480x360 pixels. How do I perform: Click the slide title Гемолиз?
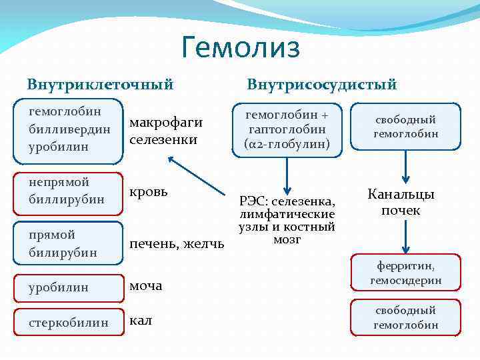tap(241, 48)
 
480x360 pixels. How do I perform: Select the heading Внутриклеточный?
tap(100, 85)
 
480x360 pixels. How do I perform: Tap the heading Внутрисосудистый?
tap(321, 85)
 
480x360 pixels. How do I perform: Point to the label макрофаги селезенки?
tap(165, 131)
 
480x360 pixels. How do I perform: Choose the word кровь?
tap(149, 191)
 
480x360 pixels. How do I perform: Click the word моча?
tap(146, 286)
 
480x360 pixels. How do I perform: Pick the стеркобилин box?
tap(69, 323)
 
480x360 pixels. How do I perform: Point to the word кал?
tap(141, 321)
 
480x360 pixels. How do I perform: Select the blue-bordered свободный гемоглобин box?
tap(405, 127)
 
